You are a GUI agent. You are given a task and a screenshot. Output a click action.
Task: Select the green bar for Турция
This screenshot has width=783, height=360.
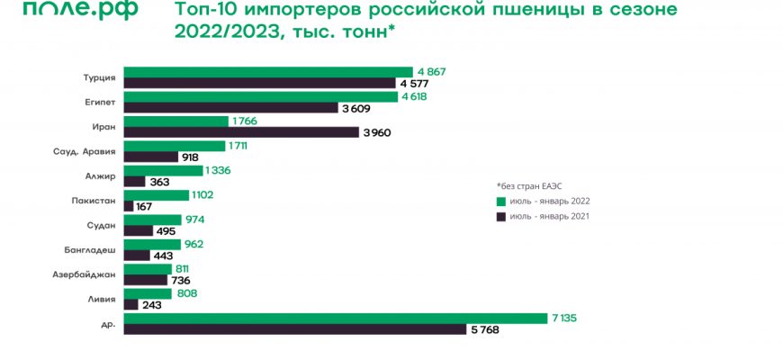[x=267, y=71]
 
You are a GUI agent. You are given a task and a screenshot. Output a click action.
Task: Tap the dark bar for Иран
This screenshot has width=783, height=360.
[x=240, y=132]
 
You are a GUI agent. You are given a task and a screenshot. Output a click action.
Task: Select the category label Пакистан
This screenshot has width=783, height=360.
[x=94, y=200]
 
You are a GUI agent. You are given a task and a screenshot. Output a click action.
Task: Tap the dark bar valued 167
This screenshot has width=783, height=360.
[x=129, y=206]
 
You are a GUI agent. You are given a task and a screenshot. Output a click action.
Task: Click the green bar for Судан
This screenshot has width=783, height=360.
[x=151, y=219]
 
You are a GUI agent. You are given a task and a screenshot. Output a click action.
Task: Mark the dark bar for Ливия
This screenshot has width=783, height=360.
[x=130, y=304]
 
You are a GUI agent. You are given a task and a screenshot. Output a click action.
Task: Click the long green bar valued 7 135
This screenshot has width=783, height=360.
[x=336, y=317]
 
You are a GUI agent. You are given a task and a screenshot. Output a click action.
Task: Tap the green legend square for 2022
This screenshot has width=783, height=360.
[x=500, y=201]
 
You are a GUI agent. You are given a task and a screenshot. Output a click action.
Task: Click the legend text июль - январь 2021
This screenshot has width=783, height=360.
[x=549, y=217]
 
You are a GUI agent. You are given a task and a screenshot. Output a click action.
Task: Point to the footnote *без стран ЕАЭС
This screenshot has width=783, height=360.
[x=529, y=184]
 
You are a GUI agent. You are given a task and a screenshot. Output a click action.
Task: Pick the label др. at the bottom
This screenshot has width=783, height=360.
[x=108, y=323]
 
